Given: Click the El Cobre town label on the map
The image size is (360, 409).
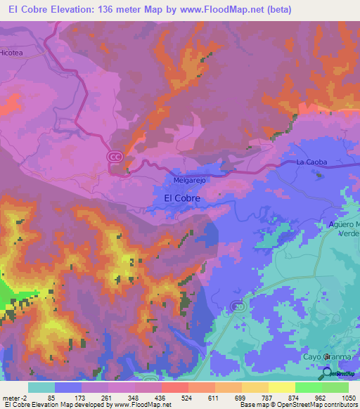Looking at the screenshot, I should [x=181, y=199].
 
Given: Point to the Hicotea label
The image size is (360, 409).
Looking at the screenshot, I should [x=11, y=52].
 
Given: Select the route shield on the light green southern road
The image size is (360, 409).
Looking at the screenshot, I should [x=238, y=306].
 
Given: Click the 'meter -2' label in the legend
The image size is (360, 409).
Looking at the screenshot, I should [x=15, y=397].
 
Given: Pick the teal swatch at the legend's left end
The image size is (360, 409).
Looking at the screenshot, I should [x=41, y=387].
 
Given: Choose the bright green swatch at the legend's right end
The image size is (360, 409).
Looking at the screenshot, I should [x=335, y=387].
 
